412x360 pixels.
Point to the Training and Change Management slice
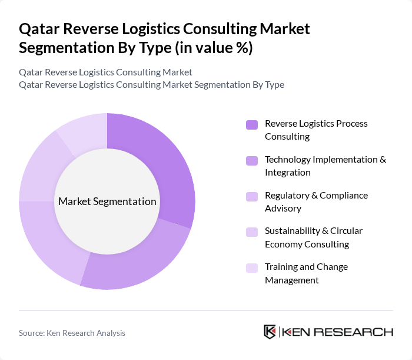pos(82,131)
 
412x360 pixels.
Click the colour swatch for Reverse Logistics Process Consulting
pos(252,124)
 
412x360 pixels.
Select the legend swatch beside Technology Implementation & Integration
pos(252,160)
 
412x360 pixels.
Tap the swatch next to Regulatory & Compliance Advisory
pos(252,196)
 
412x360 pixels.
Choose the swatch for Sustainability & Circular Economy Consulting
pos(252,232)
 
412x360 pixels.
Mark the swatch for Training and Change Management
pos(252,267)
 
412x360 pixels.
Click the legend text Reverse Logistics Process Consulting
pos(316,130)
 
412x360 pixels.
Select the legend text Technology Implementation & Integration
pos(325,166)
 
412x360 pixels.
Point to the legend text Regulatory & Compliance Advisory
pos(316,202)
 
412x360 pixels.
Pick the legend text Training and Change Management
pos(306,273)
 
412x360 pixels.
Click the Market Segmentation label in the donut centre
pos(107,202)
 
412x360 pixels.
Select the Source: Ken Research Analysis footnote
pos(72,333)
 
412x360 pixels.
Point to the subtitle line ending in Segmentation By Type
pos(151,84)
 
